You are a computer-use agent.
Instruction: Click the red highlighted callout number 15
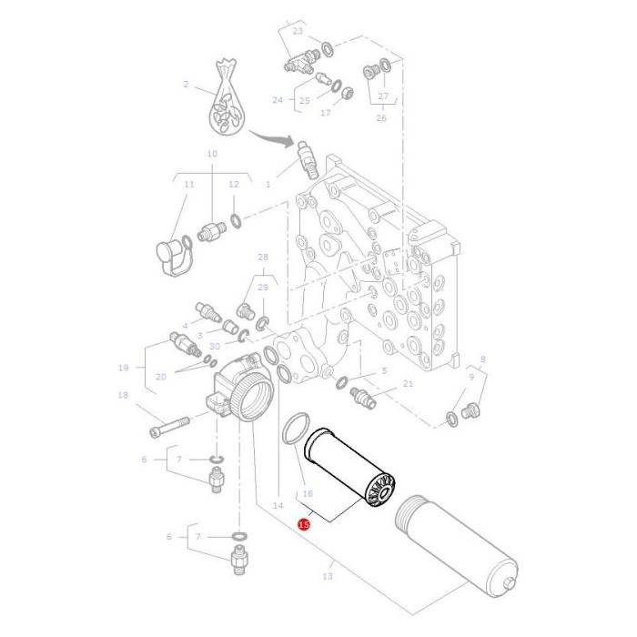point(304,524)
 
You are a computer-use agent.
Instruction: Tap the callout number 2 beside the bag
point(186,85)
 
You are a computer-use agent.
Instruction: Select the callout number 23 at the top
point(297,31)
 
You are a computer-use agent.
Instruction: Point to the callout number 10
point(212,154)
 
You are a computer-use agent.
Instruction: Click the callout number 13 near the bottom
point(329,576)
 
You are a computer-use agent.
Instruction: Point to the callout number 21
point(407,383)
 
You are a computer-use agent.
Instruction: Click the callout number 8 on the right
point(482,359)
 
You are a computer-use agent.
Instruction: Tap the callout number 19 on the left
point(123,368)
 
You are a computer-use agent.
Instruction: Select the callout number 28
point(263,258)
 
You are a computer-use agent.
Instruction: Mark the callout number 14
point(278,504)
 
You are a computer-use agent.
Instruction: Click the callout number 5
point(384,370)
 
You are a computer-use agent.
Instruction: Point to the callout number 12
point(233,184)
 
